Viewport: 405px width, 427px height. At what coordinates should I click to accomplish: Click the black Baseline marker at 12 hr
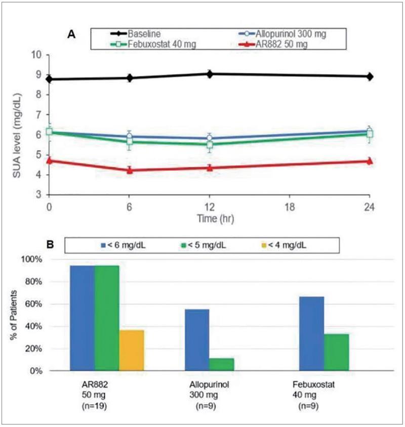210,74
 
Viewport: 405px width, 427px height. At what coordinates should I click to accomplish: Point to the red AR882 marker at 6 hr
130,170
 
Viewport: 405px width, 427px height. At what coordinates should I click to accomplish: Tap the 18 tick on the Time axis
289,207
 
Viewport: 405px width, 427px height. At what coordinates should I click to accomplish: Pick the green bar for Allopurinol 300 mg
221,364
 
